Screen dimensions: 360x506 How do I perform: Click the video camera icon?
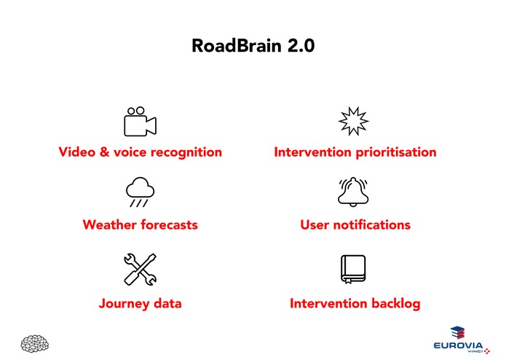[140, 122]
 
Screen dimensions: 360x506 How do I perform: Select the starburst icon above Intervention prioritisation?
[354, 122]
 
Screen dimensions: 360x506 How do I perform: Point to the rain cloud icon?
[140, 192]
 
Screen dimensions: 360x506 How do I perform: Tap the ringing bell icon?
[354, 192]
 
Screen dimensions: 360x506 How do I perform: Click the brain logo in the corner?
[35, 343]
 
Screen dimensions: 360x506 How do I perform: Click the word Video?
[76, 152]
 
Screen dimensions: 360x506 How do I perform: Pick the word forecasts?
[170, 224]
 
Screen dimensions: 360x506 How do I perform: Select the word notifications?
[370, 224]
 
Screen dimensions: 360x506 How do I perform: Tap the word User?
[315, 224]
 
